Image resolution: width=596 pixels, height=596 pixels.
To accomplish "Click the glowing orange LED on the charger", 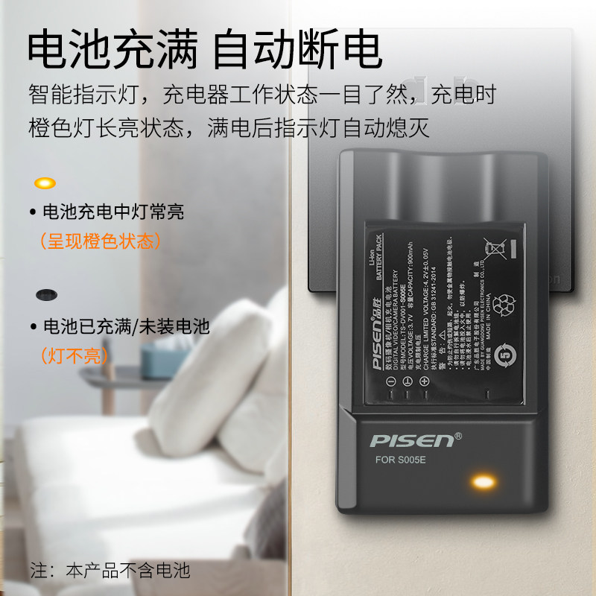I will [x=484, y=482].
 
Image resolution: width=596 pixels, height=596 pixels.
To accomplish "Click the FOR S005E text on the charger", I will [x=402, y=460].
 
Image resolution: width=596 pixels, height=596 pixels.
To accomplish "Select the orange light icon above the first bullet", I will [x=45, y=183].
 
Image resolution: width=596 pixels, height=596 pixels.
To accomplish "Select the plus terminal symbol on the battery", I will [x=425, y=381].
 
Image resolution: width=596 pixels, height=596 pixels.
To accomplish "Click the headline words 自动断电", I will [x=298, y=51].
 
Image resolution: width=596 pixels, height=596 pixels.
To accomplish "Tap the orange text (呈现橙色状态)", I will [x=100, y=241].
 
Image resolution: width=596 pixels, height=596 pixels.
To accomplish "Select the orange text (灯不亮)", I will [x=74, y=355].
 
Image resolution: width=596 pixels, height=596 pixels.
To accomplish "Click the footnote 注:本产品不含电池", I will [x=110, y=571].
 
